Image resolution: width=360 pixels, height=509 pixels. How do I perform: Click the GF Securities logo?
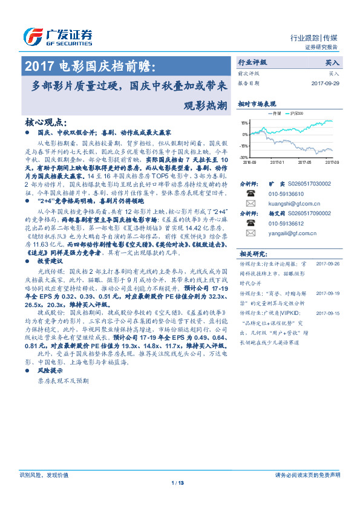57,34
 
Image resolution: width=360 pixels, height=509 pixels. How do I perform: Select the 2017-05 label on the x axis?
304,162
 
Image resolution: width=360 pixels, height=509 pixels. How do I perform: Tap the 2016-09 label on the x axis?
250,162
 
